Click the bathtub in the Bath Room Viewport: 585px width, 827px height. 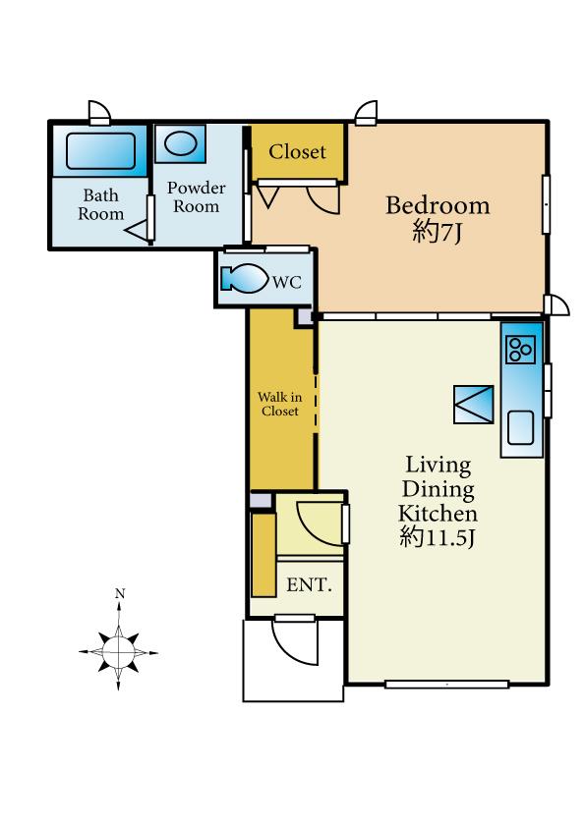[100, 151]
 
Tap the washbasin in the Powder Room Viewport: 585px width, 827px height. [181, 143]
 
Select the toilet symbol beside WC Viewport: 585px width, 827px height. [244, 279]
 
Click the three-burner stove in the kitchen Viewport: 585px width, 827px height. [520, 350]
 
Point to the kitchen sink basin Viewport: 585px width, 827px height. [520, 427]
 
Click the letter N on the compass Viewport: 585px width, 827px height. [120, 594]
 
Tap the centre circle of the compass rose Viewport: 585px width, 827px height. [119, 652]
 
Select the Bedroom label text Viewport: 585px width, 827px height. [438, 205]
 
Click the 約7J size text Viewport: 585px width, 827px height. [438, 232]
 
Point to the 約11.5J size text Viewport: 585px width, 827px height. [438, 537]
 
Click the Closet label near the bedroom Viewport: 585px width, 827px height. [297, 152]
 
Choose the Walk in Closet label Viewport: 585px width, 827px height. [280, 404]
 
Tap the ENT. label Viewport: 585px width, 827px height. [310, 584]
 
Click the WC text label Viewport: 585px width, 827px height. [287, 282]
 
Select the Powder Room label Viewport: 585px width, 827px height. [197, 196]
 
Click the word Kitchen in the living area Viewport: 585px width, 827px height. [438, 513]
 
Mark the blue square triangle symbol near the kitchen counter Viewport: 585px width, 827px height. [474, 405]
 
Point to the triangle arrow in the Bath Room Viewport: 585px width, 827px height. [137, 230]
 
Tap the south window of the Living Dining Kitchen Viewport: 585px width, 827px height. [446, 684]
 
